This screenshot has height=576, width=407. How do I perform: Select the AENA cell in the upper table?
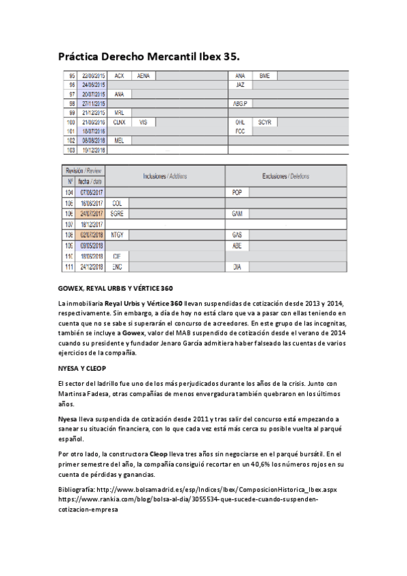(x=143, y=76)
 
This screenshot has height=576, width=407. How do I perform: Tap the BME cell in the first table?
(x=264, y=76)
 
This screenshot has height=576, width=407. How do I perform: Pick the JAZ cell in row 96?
(x=240, y=85)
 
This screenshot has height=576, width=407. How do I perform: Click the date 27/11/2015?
(x=92, y=103)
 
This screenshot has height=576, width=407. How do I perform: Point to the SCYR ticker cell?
(x=264, y=122)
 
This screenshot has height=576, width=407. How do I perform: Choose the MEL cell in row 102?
(x=119, y=140)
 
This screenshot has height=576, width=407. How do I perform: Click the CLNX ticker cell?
(x=120, y=122)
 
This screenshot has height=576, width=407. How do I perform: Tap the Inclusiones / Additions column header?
(x=164, y=176)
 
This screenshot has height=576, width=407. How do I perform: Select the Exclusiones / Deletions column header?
(x=285, y=176)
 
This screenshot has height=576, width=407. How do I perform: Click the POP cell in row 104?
(x=236, y=193)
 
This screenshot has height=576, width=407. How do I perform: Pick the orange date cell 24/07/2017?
(x=92, y=213)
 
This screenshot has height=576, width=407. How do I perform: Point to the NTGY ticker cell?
(x=118, y=234)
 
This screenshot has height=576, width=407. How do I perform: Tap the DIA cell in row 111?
(x=237, y=267)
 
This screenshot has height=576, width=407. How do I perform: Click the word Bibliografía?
(x=77, y=490)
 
